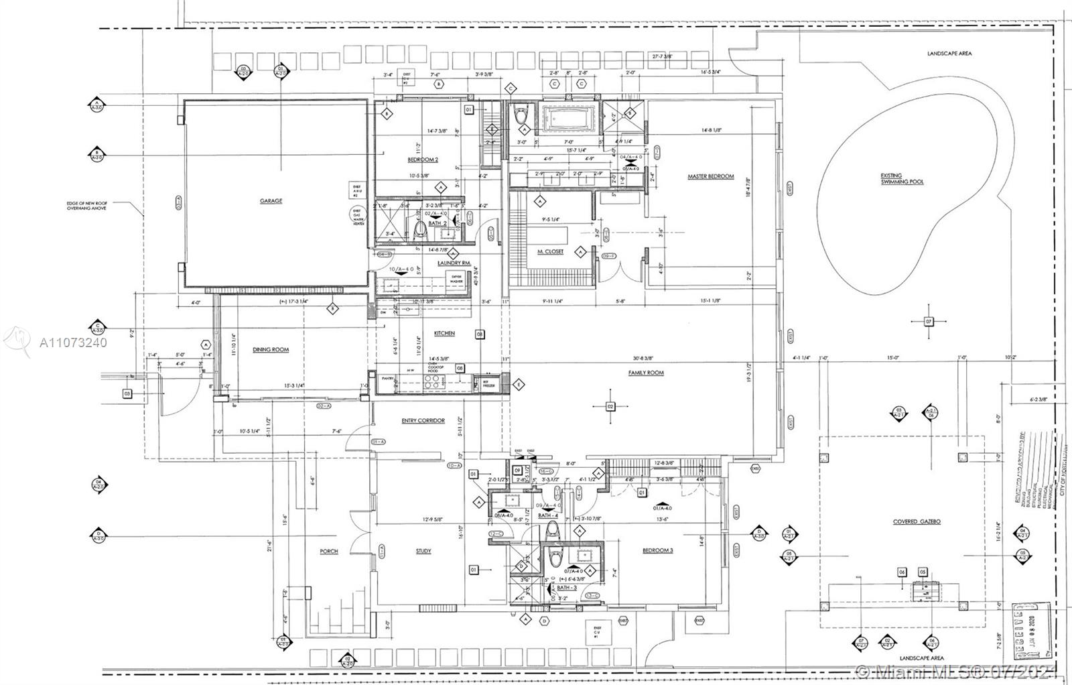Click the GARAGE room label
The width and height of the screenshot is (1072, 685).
tap(271, 200)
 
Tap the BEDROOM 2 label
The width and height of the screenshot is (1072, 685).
tap(423, 160)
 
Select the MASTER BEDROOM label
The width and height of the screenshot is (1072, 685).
tap(711, 177)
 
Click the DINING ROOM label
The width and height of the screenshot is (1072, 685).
tap(271, 349)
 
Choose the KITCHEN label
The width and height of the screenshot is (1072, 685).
tap(444, 333)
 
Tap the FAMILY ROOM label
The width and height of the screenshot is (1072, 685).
tap(646, 372)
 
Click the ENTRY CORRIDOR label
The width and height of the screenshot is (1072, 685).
tap(423, 420)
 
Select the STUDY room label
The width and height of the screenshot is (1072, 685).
tap(423, 551)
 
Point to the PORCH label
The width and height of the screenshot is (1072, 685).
tap(329, 551)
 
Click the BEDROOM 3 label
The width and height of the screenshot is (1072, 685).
tap(657, 550)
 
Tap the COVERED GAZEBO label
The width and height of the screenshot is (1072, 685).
tap(917, 521)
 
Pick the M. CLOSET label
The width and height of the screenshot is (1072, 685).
tap(550, 251)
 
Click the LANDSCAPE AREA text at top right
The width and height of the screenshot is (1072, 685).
tap(949, 53)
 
